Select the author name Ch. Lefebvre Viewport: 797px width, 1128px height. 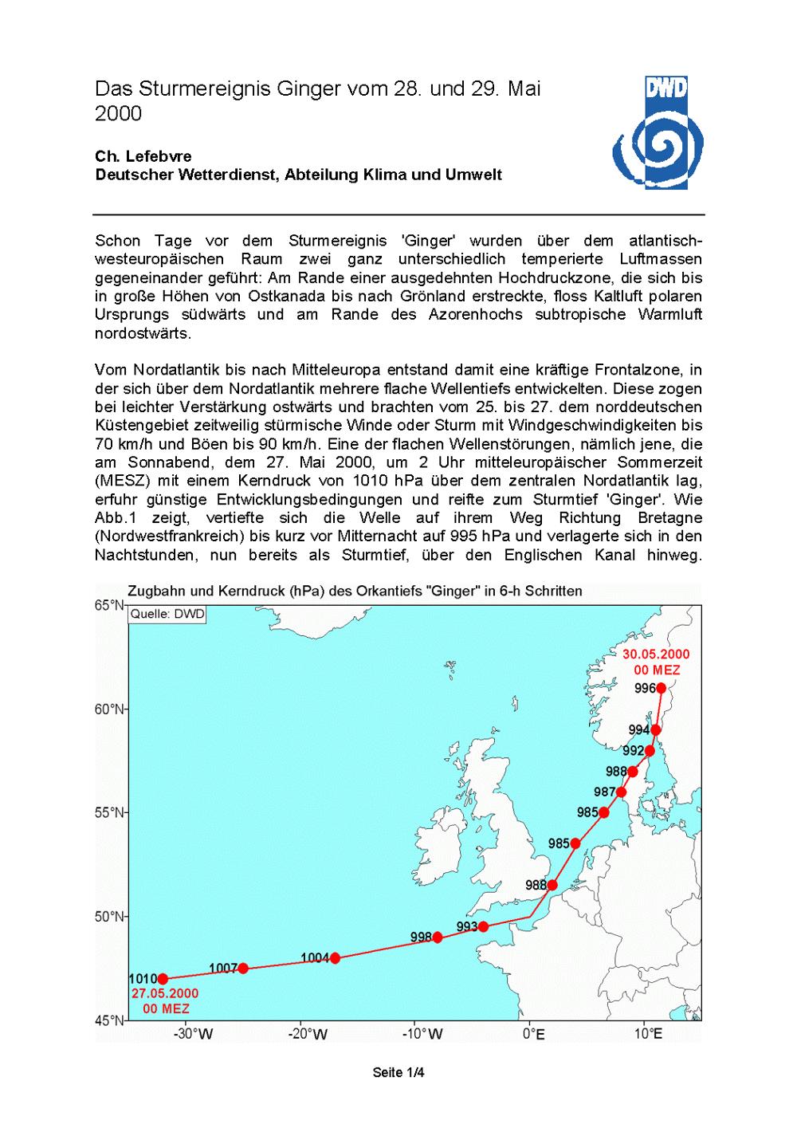[x=143, y=156]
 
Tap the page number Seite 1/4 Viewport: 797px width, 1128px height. [x=398, y=1072]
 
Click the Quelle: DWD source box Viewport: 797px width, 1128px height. [x=160, y=614]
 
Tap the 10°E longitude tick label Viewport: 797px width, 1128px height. [x=649, y=1035]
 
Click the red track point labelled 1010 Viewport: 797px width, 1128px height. [x=163, y=979]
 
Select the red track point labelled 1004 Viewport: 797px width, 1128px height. [x=335, y=958]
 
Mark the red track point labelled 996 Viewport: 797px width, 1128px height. [x=661, y=689]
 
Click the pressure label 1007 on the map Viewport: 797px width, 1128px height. [x=223, y=968]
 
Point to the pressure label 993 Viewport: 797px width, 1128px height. [x=466, y=926]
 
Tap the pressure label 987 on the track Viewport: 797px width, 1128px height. [x=605, y=792]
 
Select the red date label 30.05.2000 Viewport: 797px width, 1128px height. [x=657, y=654]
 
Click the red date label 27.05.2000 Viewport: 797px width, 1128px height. [x=166, y=994]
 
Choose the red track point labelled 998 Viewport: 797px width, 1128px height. [x=437, y=937]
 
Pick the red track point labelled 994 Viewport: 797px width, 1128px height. [x=655, y=729]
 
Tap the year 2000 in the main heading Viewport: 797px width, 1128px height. [x=119, y=114]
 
